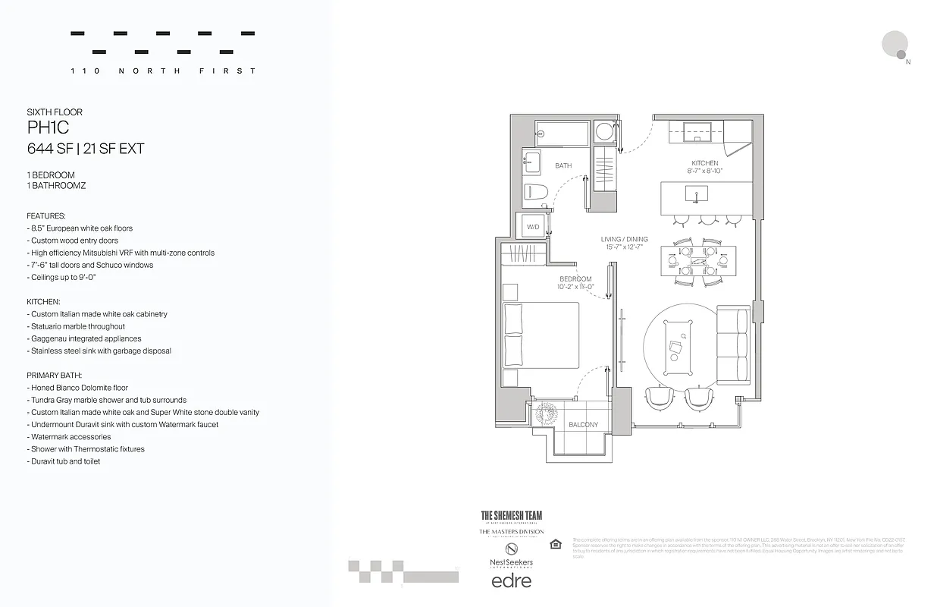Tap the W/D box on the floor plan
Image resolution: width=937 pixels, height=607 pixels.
point(533,227)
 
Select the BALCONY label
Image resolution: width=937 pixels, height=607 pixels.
point(583,425)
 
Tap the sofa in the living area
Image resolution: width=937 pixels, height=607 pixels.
point(732,345)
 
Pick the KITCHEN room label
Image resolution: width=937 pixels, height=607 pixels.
point(704,163)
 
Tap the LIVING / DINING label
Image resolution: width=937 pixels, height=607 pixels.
point(624,240)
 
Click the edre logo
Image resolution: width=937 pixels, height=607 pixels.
point(512,581)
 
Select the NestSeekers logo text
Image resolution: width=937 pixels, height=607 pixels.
point(512,563)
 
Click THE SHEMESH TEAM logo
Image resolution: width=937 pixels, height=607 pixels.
point(512,516)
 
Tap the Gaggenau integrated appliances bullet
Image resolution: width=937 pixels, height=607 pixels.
point(86,338)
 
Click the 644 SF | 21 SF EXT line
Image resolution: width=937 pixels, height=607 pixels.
point(85,149)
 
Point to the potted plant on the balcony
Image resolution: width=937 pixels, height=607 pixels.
point(545,414)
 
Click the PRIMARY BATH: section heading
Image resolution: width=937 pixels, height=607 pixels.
point(54,376)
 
